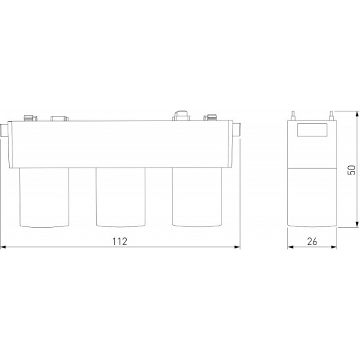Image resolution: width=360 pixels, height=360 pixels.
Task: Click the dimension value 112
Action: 121,240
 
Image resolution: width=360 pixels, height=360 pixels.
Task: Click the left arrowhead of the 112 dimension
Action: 3,246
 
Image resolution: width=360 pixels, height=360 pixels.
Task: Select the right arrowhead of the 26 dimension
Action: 335,246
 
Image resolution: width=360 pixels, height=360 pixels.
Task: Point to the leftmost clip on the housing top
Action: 28,118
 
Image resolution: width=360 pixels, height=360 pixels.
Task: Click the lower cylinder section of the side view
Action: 312,197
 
